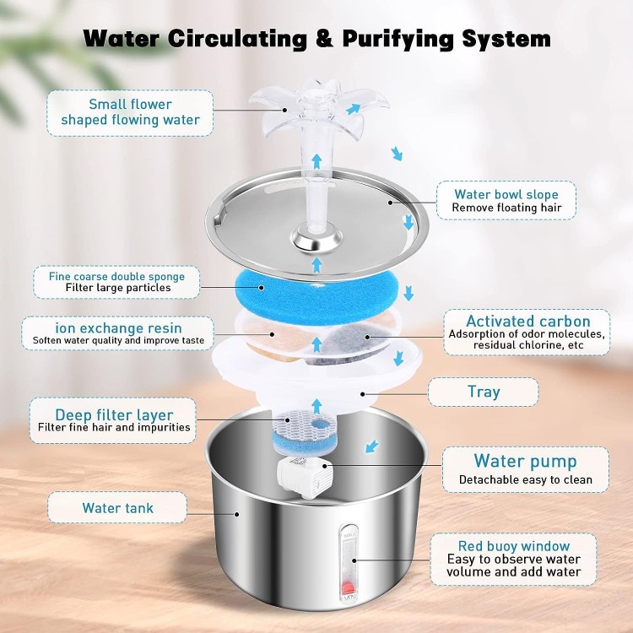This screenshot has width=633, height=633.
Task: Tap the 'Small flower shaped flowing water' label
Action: [130, 112]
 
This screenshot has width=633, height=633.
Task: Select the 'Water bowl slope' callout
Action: [504, 201]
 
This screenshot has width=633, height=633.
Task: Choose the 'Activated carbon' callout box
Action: [527, 333]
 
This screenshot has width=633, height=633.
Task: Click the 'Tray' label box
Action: [483, 392]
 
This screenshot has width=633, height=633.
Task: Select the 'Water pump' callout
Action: [525, 469]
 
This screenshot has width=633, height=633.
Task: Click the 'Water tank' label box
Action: [117, 508]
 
